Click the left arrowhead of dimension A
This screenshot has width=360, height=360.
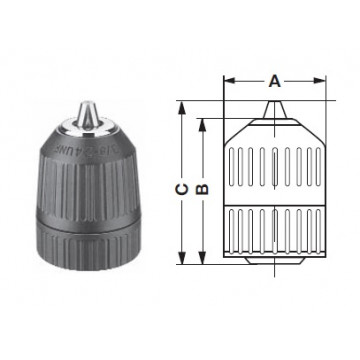[225, 87]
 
